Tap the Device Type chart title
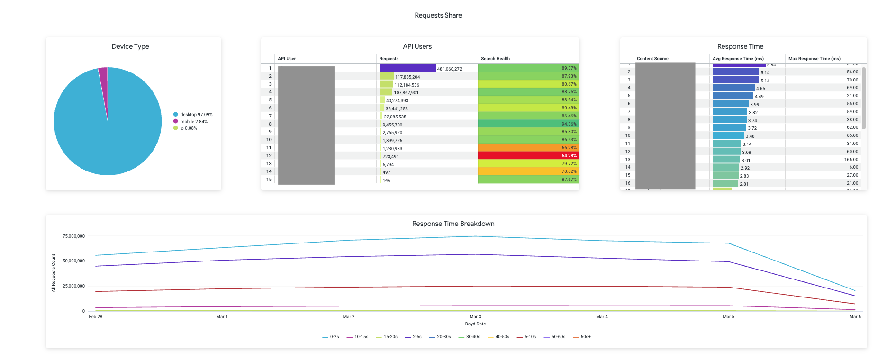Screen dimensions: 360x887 [x=130, y=46]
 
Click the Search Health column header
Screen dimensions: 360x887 [x=495, y=59]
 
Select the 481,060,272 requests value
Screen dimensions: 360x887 [x=449, y=69]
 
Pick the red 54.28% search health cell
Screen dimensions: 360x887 [x=528, y=156]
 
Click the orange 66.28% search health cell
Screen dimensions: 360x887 [x=528, y=148]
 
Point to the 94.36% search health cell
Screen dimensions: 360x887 [x=528, y=124]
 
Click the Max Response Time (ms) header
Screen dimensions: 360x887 [x=814, y=59]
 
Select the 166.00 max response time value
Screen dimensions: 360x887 [x=851, y=160]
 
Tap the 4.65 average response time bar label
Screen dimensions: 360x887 [x=760, y=89]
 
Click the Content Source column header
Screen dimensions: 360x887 [x=652, y=59]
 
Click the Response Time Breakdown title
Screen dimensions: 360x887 [x=453, y=224]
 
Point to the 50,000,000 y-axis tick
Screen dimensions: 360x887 [x=73, y=261]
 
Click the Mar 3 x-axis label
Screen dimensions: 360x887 [x=475, y=317]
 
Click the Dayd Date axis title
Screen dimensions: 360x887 [x=475, y=324]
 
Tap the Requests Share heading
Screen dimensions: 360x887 [x=438, y=15]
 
